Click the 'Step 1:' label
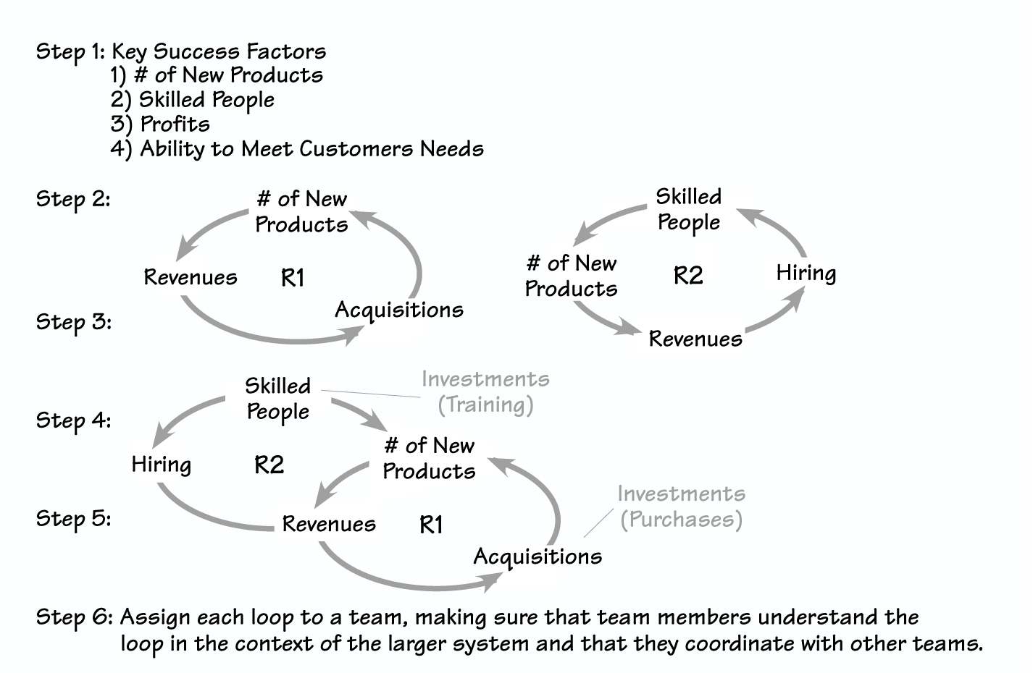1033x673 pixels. pyautogui.click(x=70, y=52)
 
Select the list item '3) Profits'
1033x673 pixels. pyautogui.click(x=160, y=124)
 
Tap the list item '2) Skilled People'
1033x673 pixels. pyautogui.click(x=192, y=100)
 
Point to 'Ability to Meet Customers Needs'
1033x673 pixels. pyautogui.click(x=311, y=149)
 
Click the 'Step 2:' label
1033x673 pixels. pyautogui.click(x=73, y=199)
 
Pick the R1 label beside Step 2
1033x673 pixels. pyautogui.click(x=293, y=278)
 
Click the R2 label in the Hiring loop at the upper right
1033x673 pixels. pyautogui.click(x=688, y=276)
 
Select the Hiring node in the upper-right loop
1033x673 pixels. pyautogui.click(x=806, y=274)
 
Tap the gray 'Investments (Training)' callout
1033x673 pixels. pyautogui.click(x=485, y=392)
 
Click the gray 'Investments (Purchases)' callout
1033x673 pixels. pyautogui.click(x=681, y=507)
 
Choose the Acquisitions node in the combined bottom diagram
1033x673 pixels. pyautogui.click(x=538, y=557)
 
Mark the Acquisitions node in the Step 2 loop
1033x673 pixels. pyautogui.click(x=398, y=310)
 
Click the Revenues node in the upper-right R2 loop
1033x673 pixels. pyautogui.click(x=695, y=339)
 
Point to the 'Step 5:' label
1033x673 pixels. pyautogui.click(x=73, y=519)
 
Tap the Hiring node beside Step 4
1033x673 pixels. pyautogui.click(x=161, y=465)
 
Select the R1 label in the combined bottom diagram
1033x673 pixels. pyautogui.click(x=431, y=525)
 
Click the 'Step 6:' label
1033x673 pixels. pyautogui.click(x=74, y=617)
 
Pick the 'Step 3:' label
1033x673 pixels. pyautogui.click(x=73, y=321)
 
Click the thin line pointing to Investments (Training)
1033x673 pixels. pyautogui.click(x=371, y=394)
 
